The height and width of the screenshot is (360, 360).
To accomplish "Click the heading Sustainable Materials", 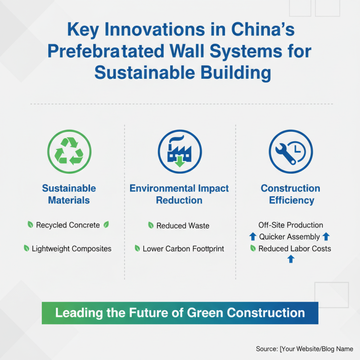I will point(69,194).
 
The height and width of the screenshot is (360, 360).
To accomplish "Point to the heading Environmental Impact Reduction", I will point(179,194).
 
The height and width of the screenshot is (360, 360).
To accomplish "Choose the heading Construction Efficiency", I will point(290,194).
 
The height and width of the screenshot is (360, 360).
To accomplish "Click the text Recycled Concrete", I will point(68,225).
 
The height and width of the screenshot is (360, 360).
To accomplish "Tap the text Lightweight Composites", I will point(72,248).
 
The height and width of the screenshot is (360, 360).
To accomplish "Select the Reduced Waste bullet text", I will point(183,225).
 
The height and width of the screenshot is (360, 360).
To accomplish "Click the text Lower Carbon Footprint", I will point(183,248).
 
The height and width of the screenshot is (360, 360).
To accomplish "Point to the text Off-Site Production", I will point(290,225).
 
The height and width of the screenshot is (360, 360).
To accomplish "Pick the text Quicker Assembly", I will point(289,237).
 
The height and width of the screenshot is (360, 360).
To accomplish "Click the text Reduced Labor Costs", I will point(294,248).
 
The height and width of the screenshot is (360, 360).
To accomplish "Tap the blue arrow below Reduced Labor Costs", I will point(291,259).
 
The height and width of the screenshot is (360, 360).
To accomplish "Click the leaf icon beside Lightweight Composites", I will point(27,248).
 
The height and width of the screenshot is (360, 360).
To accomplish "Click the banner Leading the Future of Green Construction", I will point(180,313).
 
